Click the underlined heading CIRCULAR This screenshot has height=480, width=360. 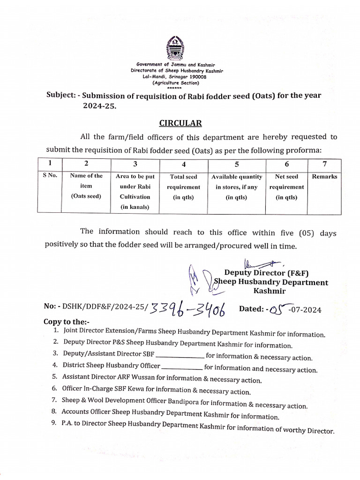pos(180,123)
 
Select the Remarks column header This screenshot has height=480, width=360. pos(324,177)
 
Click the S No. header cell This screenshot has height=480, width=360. pos(49,176)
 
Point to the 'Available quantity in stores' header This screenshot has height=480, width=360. pos(237,187)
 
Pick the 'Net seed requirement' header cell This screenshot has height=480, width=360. pos(286,187)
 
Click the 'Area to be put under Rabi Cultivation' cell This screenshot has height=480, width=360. pos(135,191)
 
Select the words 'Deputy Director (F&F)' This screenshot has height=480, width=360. pos(266,273)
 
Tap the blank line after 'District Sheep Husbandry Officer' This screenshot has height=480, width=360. pos(182,366)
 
